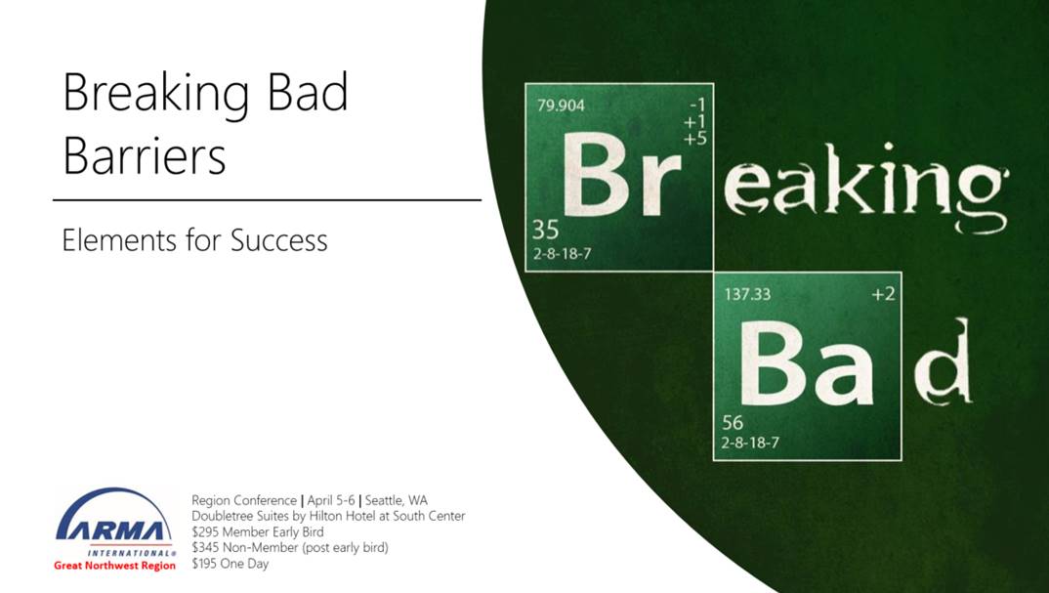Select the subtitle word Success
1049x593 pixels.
tap(279, 241)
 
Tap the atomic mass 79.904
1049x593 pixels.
tap(561, 106)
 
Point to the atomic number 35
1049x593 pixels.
tap(545, 230)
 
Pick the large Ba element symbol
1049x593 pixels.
tap(806, 362)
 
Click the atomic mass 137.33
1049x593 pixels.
tap(747, 294)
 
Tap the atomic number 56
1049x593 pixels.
tap(733, 422)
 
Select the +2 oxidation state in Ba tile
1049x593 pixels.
tap(883, 294)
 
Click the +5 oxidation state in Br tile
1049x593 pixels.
tap(695, 139)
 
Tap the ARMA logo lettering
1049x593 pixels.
tap(110, 530)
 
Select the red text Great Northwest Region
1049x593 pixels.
tap(115, 566)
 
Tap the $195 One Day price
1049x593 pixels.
tap(231, 564)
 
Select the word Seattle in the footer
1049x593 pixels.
tap(385, 500)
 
